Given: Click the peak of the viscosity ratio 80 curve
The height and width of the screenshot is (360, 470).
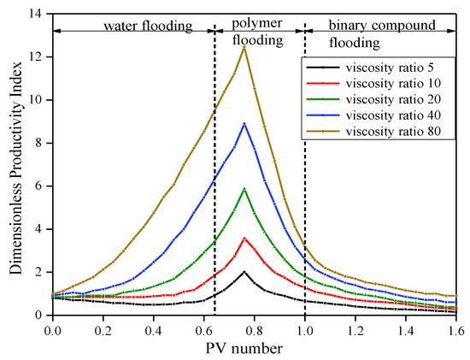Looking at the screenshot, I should click(244, 47).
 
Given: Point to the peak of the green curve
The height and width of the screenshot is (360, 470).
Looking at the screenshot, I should click(244, 189).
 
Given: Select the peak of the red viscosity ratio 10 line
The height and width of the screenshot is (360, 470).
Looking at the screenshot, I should click(244, 239).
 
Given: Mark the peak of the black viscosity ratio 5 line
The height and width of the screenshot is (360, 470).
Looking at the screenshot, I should click(244, 272).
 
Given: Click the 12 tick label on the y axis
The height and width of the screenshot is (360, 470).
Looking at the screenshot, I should click(35, 57).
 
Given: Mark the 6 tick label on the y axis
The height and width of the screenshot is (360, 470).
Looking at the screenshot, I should click(39, 186).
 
